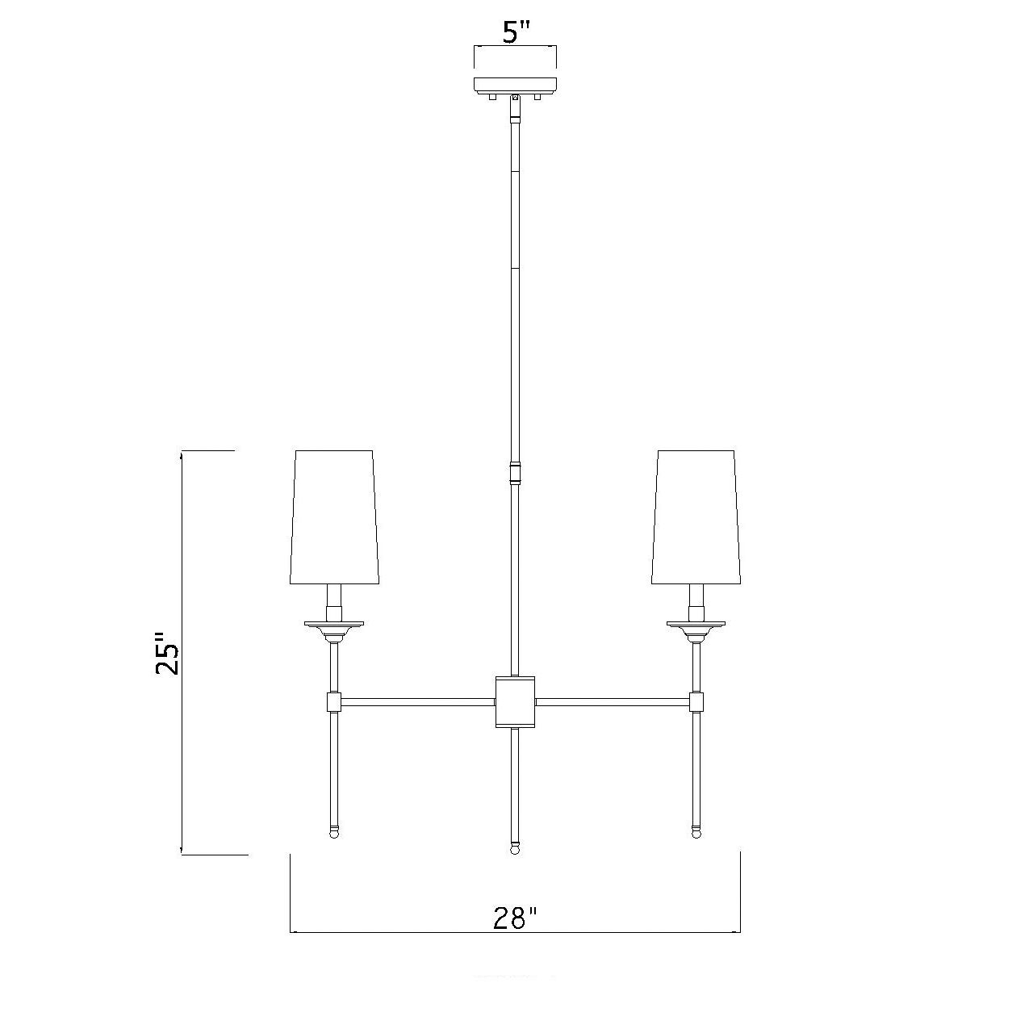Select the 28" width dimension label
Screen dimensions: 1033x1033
pyautogui.click(x=515, y=918)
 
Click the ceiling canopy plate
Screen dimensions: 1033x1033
pyautogui.click(x=515, y=84)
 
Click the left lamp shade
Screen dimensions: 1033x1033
pyautogui.click(x=334, y=516)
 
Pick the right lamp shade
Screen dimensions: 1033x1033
pyautogui.click(x=696, y=516)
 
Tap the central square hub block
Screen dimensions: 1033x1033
pyautogui.click(x=515, y=701)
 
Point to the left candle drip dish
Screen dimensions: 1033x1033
pyautogui.click(x=334, y=623)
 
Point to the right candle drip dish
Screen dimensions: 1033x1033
pyautogui.click(x=696, y=623)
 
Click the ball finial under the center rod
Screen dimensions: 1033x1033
pyautogui.click(x=514, y=848)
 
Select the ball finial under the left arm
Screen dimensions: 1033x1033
pyautogui.click(x=334, y=831)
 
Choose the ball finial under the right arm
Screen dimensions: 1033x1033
pyautogui.click(x=696, y=831)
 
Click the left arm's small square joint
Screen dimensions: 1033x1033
pyautogui.click(x=334, y=702)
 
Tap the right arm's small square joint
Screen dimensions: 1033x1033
pyautogui.click(x=696, y=702)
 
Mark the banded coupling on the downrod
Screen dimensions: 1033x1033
pyautogui.click(x=514, y=471)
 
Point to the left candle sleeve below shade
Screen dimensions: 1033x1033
pyautogui.click(x=334, y=600)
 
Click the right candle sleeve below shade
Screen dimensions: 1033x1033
pyautogui.click(x=696, y=600)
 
